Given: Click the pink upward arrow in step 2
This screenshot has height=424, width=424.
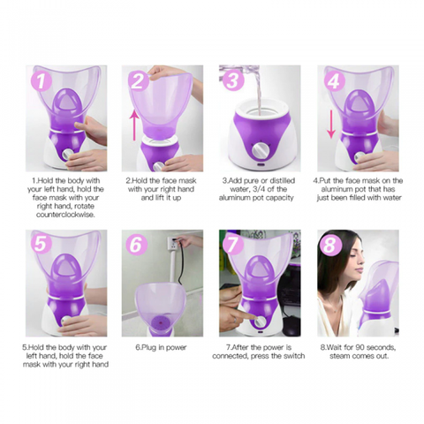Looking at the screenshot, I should [x=133, y=123].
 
